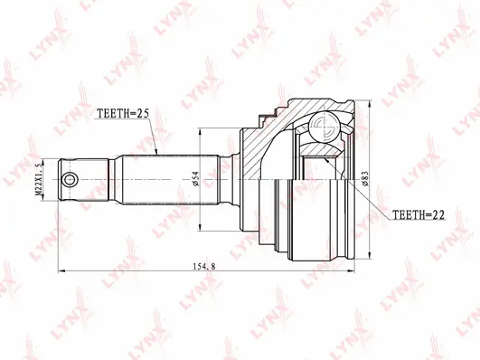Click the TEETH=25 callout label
click(122, 115)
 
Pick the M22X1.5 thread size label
click(39, 180)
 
